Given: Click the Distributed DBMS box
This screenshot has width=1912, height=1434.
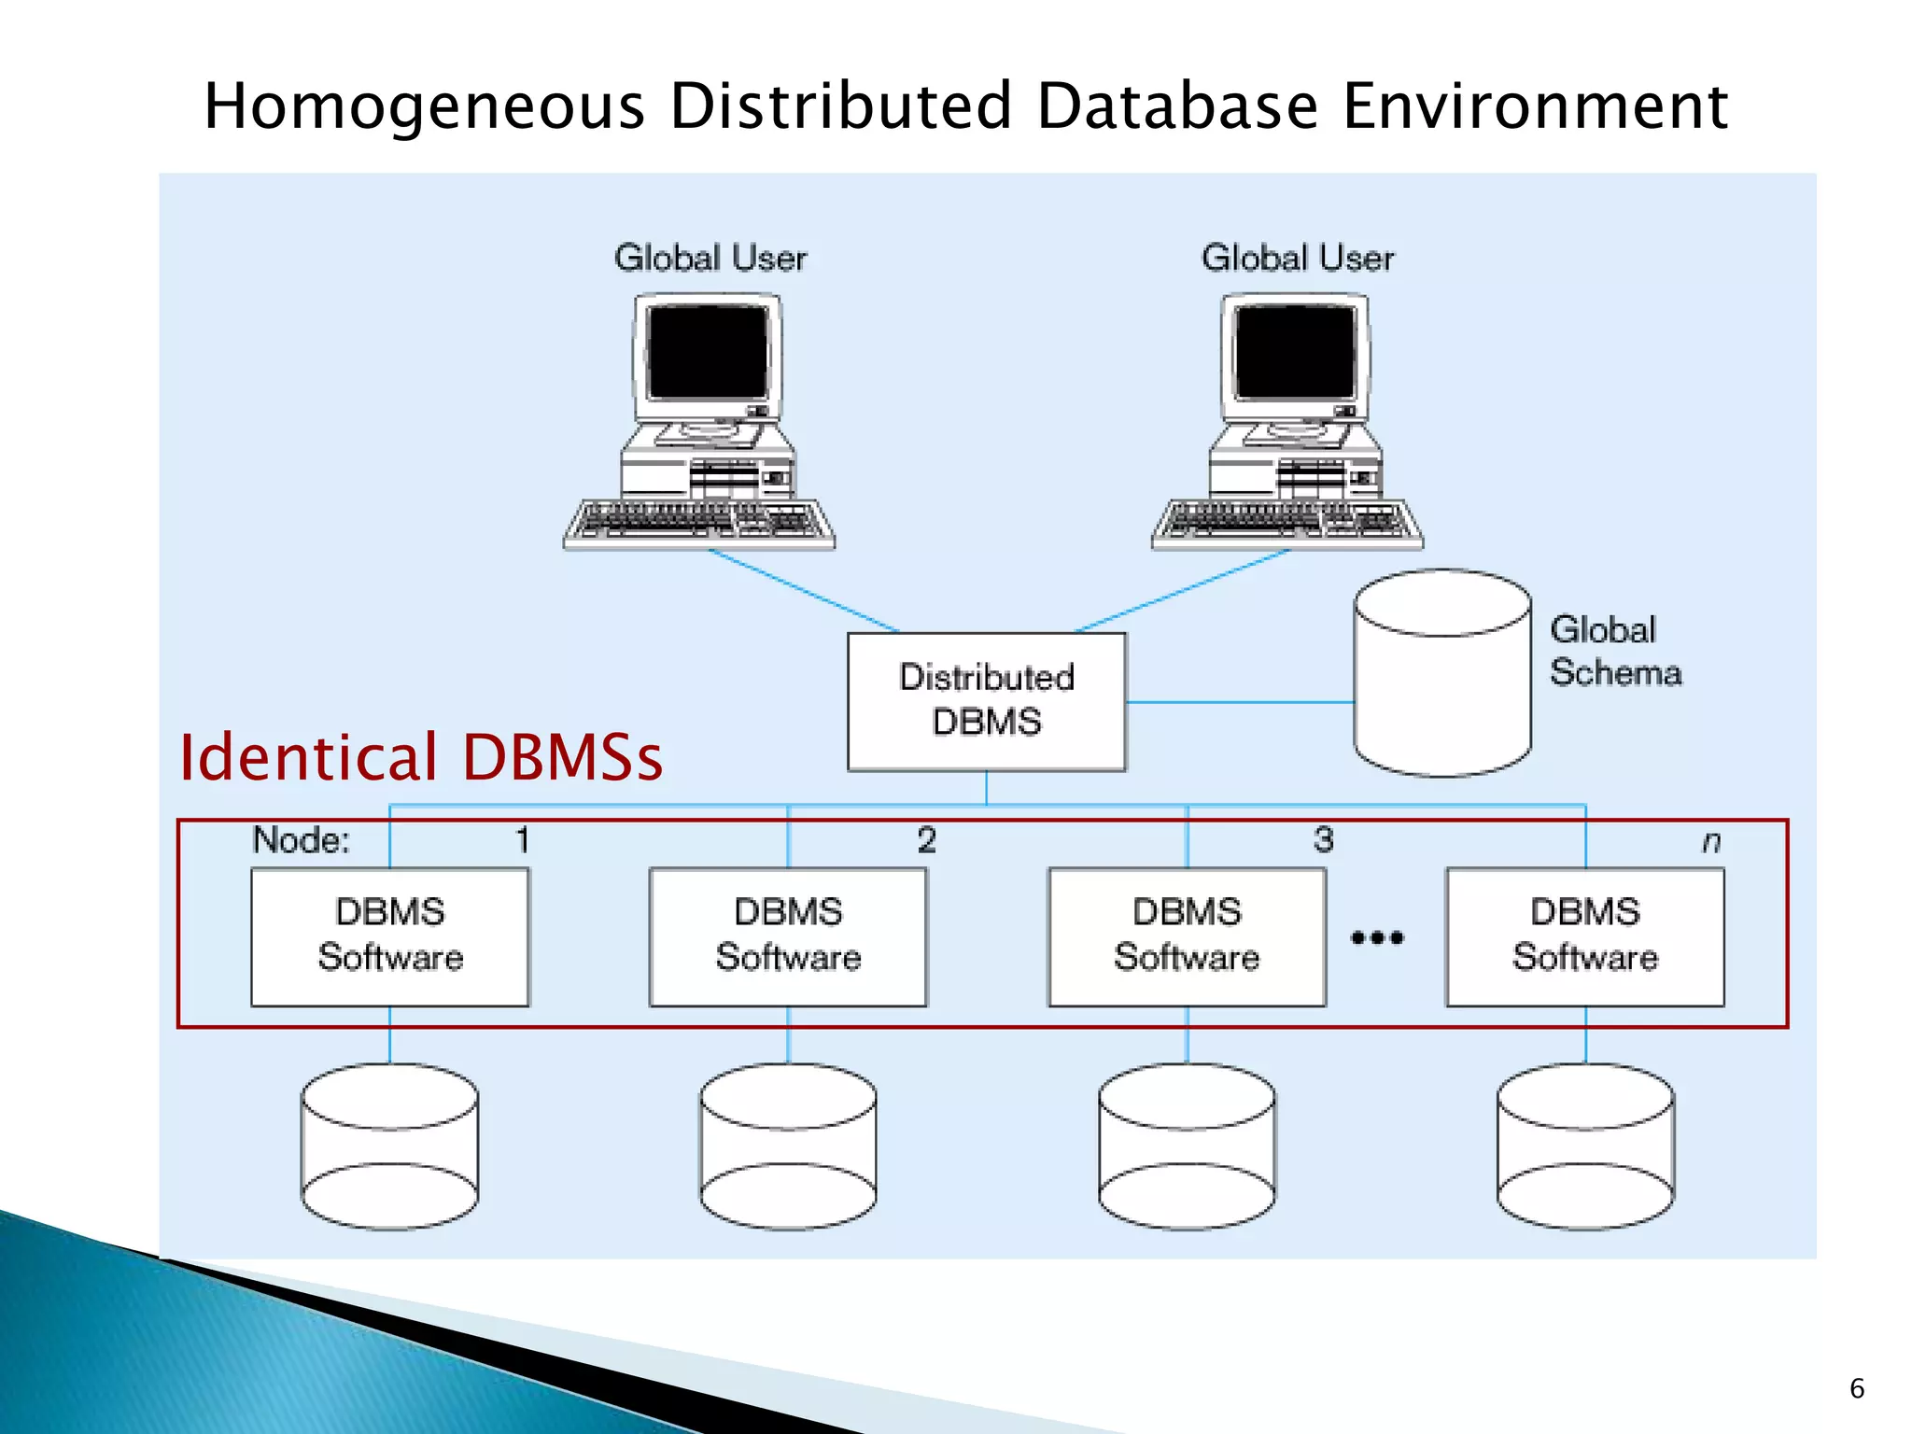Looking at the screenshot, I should (x=986, y=701).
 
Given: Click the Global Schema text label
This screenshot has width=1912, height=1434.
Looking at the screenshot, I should (x=1614, y=652).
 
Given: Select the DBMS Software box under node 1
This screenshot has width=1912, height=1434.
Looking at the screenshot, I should (x=390, y=936).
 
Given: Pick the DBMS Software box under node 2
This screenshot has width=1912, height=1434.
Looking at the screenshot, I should (x=788, y=936).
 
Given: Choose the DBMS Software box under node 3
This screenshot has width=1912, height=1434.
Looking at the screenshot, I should (x=1187, y=936).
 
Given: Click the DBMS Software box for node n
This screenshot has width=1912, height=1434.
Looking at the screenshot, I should (x=1584, y=936).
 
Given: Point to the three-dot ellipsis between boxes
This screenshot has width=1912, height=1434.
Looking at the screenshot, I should (x=1377, y=937).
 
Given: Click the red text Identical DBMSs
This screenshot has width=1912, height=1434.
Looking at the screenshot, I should (x=420, y=757).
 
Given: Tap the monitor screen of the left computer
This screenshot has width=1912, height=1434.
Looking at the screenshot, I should (x=708, y=353).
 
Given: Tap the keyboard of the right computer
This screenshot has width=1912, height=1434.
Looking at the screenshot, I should (x=1287, y=523).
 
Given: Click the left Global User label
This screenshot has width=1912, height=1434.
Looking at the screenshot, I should (x=710, y=259).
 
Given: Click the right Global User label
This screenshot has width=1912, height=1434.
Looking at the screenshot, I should (x=1297, y=259).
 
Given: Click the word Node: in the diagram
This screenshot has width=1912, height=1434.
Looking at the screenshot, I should (x=301, y=840).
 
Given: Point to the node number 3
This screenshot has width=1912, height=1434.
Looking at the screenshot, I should (x=1323, y=840).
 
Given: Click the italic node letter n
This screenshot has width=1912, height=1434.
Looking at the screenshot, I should (x=1710, y=842).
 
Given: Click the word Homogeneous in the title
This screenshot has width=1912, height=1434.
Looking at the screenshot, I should (x=425, y=105).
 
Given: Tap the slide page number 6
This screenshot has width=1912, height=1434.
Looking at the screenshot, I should (x=1856, y=1388).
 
